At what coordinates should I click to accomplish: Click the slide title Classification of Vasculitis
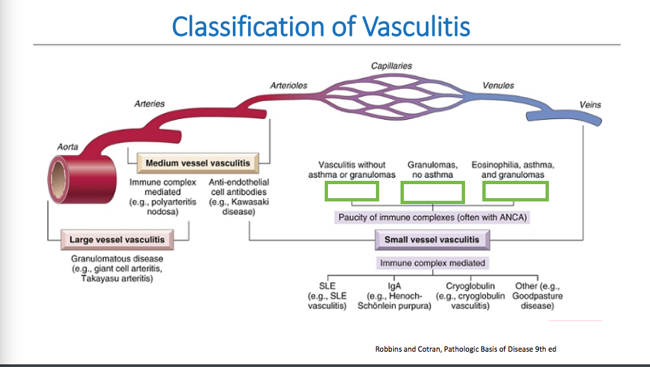[x=321, y=27]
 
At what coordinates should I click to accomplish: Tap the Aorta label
[x=67, y=147]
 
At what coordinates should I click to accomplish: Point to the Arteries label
[x=149, y=104]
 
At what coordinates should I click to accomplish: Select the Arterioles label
[x=288, y=86]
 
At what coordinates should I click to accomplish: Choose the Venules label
[x=498, y=86]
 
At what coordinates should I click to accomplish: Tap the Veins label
[x=590, y=104]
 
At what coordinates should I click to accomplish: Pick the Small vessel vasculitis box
[x=431, y=239]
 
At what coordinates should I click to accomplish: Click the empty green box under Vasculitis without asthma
[x=351, y=191]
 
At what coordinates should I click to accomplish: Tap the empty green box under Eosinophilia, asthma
[x=515, y=191]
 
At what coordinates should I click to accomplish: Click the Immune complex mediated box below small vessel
[x=432, y=263]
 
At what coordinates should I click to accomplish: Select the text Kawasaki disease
[x=239, y=207]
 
